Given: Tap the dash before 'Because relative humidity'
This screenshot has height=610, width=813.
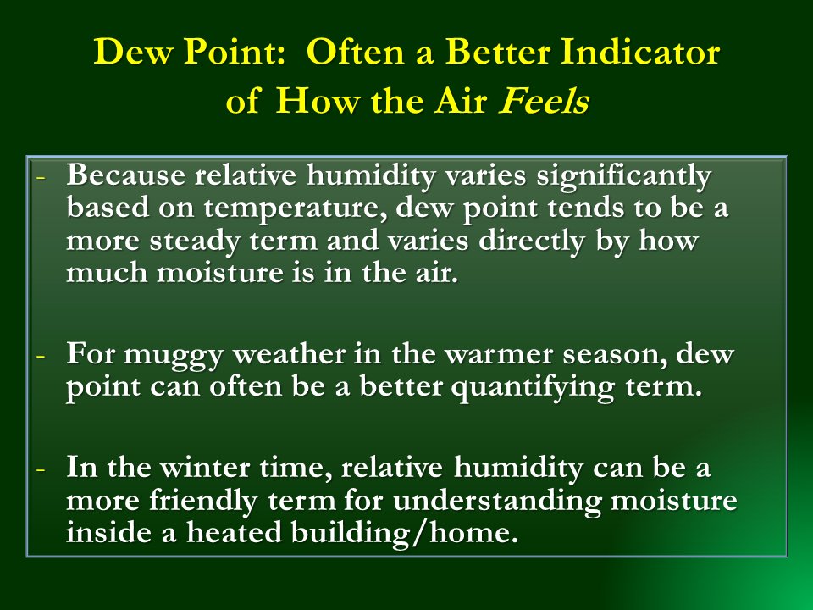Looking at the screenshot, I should [39, 178].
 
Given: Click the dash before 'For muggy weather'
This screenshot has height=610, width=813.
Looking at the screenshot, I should [39, 353].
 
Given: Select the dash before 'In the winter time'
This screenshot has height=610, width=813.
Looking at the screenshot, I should [39, 469].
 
